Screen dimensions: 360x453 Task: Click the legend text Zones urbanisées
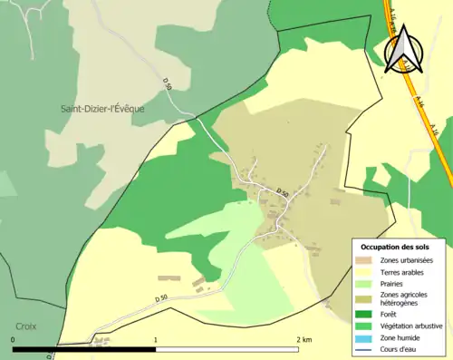407,261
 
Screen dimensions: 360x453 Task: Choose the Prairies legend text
394,283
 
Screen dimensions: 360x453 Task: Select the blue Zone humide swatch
367,337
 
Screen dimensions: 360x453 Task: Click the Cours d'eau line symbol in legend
367,348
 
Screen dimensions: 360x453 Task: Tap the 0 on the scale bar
14,340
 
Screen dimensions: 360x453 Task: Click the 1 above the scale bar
156,340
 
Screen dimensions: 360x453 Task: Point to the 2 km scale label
304,340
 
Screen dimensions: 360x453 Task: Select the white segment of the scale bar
226,349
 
